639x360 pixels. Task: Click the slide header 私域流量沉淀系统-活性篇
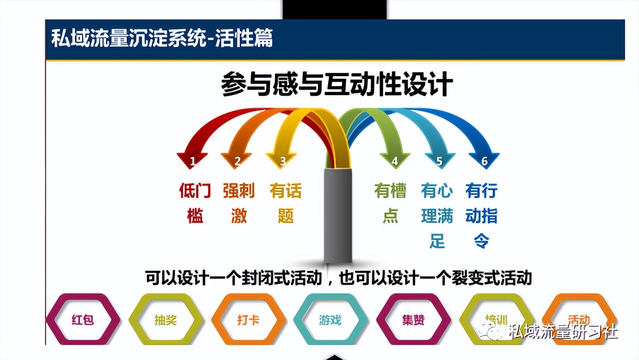(x=162, y=39)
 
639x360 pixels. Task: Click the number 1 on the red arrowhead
(x=193, y=161)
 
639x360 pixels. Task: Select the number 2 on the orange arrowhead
(x=237, y=161)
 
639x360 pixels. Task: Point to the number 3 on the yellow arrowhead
(x=283, y=161)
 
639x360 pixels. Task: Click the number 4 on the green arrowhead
(x=394, y=161)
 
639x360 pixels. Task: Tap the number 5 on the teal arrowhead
(x=439, y=161)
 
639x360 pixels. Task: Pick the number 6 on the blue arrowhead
(x=484, y=161)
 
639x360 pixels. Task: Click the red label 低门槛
(x=195, y=203)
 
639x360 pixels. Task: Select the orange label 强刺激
(x=239, y=203)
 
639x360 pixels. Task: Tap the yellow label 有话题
(x=285, y=203)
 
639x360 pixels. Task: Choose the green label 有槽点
(x=390, y=203)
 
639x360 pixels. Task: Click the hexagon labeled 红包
(x=83, y=319)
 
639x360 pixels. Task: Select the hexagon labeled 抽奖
(x=166, y=319)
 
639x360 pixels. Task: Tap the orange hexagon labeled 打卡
(x=248, y=319)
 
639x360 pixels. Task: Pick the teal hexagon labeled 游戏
(x=331, y=319)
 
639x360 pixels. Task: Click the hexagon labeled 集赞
(x=413, y=319)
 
